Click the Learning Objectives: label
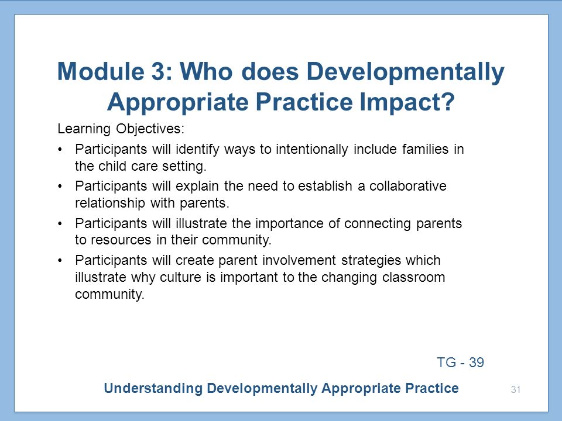(121, 129)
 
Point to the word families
(425, 149)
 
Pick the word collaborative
(408, 186)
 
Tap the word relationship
(109, 203)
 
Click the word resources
(121, 240)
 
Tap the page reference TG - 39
(461, 363)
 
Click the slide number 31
(516, 389)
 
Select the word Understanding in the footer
(153, 388)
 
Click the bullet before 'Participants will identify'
(60, 149)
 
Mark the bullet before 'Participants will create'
(60, 260)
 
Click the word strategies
(371, 261)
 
